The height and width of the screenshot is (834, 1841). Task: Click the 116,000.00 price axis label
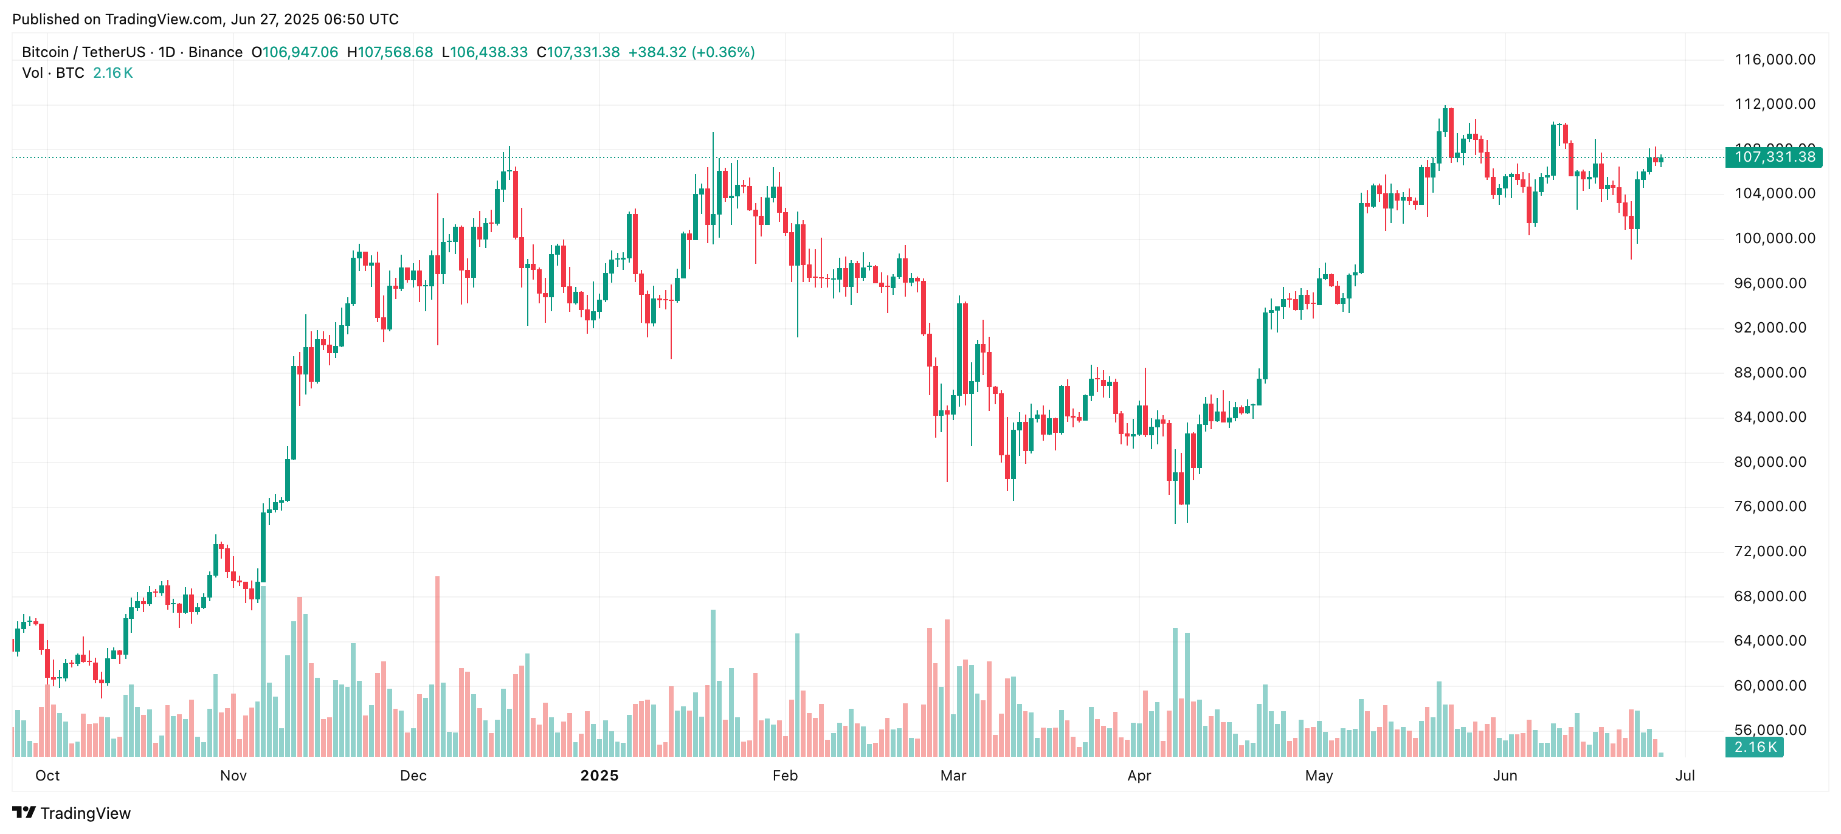pos(1775,60)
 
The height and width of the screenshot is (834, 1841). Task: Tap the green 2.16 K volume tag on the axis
pos(1755,748)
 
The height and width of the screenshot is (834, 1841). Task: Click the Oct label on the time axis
pos(48,776)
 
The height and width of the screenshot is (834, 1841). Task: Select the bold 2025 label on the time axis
pos(599,776)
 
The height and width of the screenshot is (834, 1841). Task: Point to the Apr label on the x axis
pos(1139,776)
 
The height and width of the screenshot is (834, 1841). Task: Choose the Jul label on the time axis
pos(1685,776)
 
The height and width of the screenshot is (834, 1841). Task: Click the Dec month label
pos(413,776)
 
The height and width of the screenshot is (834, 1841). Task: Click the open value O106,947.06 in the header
pos(294,52)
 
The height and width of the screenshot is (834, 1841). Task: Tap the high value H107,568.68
pos(390,52)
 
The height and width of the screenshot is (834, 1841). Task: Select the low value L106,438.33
pos(485,52)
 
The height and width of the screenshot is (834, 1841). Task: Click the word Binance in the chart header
pos(215,52)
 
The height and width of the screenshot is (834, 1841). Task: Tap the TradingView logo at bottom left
pos(72,813)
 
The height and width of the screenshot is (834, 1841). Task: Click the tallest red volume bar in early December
pos(437,664)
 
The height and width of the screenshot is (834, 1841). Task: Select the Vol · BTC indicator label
pos(53,73)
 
